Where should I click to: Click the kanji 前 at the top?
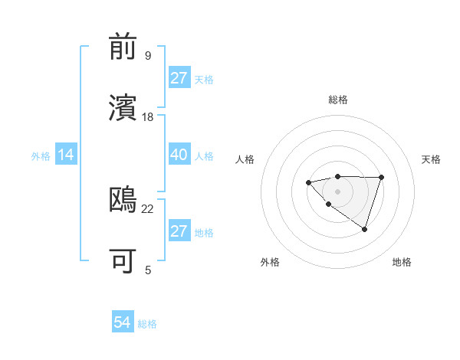(x=124, y=48)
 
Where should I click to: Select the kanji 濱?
(x=124, y=108)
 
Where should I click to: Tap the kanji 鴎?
(x=124, y=200)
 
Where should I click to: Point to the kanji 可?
(x=124, y=260)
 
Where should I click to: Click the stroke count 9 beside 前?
(x=148, y=55)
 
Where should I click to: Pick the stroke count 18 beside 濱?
(x=148, y=116)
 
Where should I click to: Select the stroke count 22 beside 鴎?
(x=148, y=208)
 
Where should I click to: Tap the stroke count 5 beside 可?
(x=148, y=269)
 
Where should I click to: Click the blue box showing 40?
(x=179, y=155)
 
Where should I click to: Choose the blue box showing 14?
(x=66, y=155)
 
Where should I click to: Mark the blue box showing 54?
(x=122, y=322)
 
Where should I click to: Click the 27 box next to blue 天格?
(x=179, y=78)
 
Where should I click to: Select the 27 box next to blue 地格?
(x=179, y=231)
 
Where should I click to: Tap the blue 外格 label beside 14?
(x=41, y=156)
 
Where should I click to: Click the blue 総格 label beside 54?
(x=147, y=324)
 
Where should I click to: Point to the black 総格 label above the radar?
(x=338, y=100)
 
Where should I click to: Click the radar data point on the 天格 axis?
(x=381, y=178)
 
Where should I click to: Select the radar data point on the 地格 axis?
(x=364, y=229)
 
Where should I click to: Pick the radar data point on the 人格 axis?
(x=308, y=182)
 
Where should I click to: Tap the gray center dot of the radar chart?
(x=337, y=191)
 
